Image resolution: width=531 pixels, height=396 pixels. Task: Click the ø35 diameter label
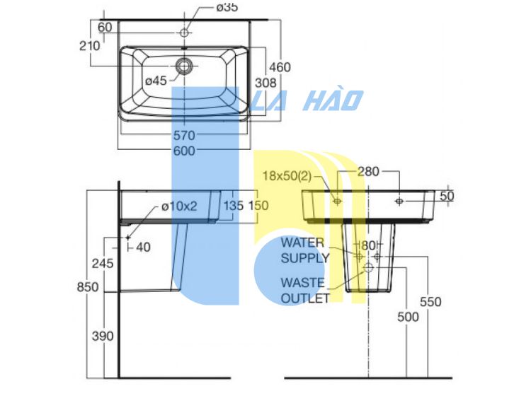pyautogui.click(x=227, y=7)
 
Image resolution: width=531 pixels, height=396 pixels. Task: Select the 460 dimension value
pyautogui.click(x=280, y=67)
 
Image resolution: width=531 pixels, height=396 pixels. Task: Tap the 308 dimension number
pyautogui.click(x=265, y=83)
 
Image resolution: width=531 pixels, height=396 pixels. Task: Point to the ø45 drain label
pyautogui.click(x=156, y=81)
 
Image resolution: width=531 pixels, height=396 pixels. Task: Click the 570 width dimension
pyautogui.click(x=184, y=136)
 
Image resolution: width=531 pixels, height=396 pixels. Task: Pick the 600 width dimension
pyautogui.click(x=184, y=151)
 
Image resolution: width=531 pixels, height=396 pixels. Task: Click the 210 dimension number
pyautogui.click(x=90, y=46)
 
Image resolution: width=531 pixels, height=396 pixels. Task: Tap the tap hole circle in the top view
pyautogui.click(x=184, y=33)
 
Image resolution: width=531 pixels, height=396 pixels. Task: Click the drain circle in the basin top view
pyautogui.click(x=184, y=66)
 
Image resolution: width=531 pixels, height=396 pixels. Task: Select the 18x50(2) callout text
pyautogui.click(x=287, y=176)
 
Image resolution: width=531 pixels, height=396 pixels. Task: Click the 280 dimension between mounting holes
pyautogui.click(x=368, y=172)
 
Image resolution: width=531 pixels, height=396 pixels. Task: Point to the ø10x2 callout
pyautogui.click(x=179, y=206)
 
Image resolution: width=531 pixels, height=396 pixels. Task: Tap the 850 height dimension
pyautogui.click(x=88, y=287)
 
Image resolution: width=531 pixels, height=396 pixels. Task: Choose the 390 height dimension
pyautogui.click(x=103, y=336)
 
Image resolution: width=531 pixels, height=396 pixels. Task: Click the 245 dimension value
pyautogui.click(x=103, y=264)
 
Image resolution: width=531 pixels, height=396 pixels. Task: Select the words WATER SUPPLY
pyautogui.click(x=304, y=250)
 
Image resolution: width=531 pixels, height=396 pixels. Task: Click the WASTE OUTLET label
pyautogui.click(x=304, y=291)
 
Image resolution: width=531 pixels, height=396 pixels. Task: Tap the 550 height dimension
pyautogui.click(x=430, y=302)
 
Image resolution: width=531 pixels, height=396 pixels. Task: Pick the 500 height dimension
pyautogui.click(x=408, y=318)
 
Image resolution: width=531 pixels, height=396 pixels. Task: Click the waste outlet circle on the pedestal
pyautogui.click(x=368, y=268)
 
